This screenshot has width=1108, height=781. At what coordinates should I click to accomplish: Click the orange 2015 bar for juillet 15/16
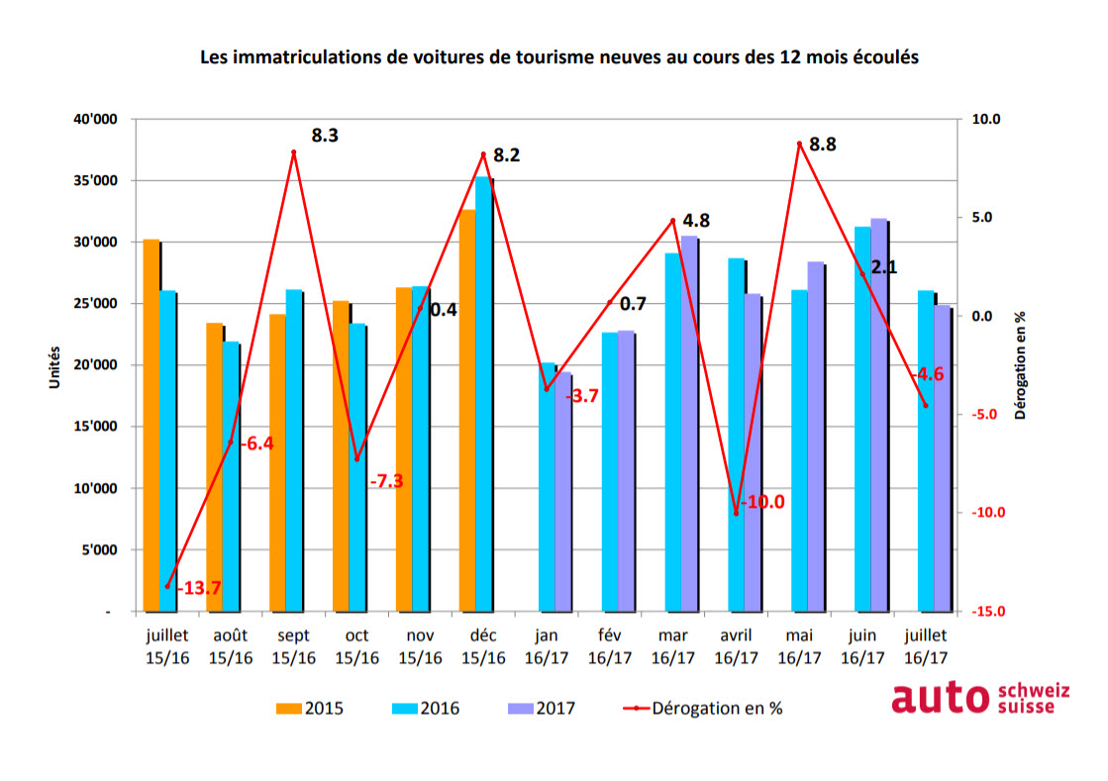coord(151,426)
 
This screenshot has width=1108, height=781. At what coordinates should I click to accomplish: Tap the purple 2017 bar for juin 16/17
coord(878,415)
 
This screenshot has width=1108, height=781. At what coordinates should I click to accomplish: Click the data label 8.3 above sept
coord(325,136)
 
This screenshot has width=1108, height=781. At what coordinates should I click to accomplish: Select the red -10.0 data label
coord(762,502)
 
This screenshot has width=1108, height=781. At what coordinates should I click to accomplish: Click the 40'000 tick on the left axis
coord(97,120)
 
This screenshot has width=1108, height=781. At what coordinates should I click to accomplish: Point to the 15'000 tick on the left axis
coord(97,428)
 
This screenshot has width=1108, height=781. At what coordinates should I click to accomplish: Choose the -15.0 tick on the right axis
coord(989,612)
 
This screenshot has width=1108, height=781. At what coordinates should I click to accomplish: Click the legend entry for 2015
coord(311,708)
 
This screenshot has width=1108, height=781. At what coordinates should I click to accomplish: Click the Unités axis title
coord(56,366)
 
